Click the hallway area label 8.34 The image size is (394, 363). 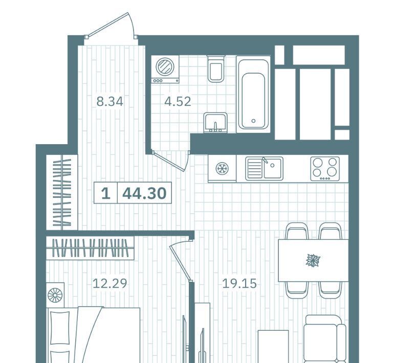click(110, 102)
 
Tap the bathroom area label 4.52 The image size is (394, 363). click(178, 102)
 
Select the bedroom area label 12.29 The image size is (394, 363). click(110, 283)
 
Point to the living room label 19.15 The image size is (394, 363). click(239, 283)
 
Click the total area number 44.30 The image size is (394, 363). click(144, 193)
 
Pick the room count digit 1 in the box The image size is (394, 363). click(106, 193)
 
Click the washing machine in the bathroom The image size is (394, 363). click(165, 69)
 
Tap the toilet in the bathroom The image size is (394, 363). click(216, 69)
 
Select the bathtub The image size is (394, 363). click(253, 95)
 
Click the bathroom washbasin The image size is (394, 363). click(215, 123)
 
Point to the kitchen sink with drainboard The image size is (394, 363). click(264, 168)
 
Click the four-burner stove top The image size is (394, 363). click(325, 169)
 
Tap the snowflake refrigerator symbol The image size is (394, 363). click(222, 168)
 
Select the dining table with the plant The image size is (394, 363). click(313, 260)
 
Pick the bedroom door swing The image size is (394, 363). click(180, 261)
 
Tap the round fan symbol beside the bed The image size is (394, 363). click(55, 295)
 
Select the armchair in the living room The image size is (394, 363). click(324, 339)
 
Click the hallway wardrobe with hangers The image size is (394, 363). click(62, 193)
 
